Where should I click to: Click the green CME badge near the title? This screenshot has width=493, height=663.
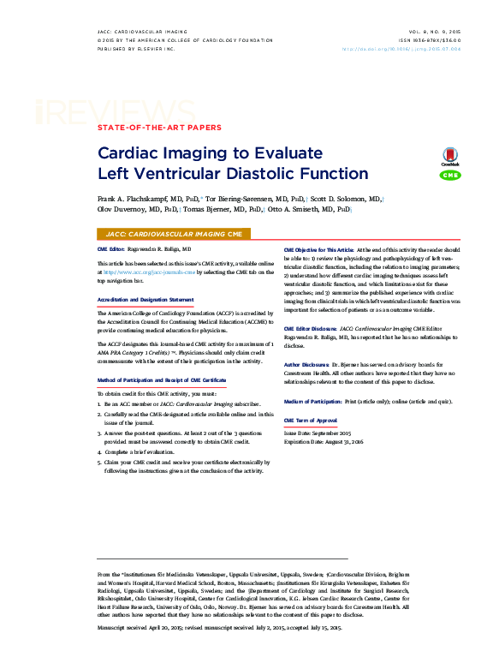click(449, 176)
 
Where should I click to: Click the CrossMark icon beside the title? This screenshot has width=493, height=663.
click(449, 156)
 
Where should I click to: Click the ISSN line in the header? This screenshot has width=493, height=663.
click(430, 40)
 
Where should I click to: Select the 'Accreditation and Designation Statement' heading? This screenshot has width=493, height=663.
click(146, 300)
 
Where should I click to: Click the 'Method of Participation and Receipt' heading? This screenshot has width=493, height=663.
click(162, 379)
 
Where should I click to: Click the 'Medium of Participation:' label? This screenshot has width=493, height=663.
click(312, 402)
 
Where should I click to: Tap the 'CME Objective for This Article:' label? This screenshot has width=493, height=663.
click(318, 249)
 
